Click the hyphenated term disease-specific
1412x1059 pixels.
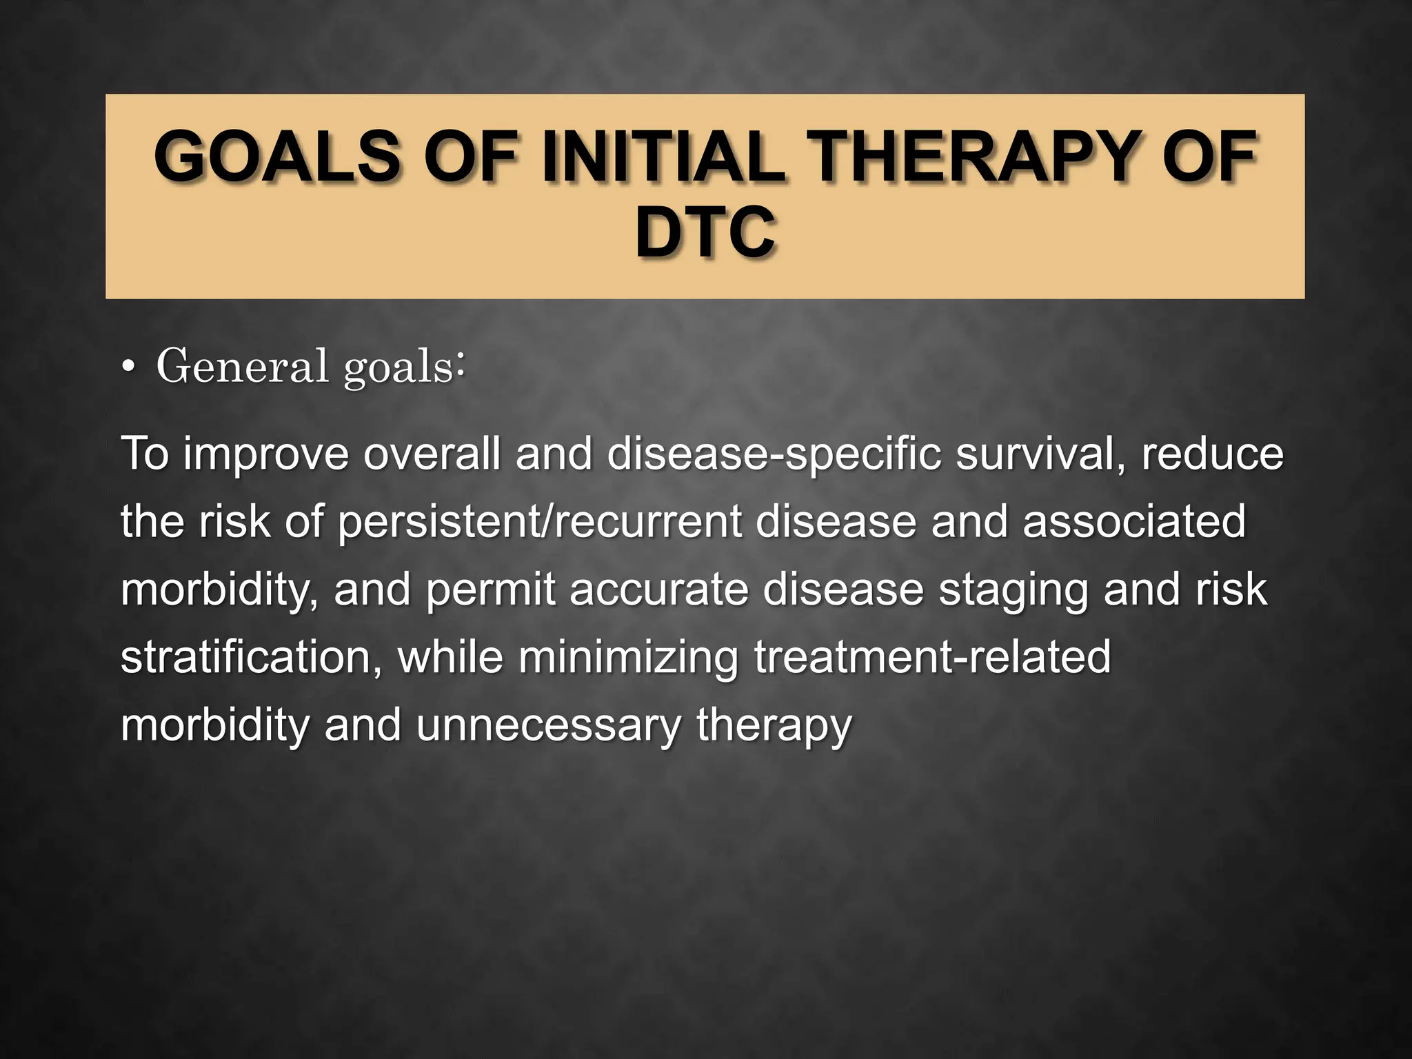(x=773, y=455)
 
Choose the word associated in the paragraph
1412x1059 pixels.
(x=1134, y=523)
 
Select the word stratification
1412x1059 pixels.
(x=252, y=658)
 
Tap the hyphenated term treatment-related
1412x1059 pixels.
(x=932, y=658)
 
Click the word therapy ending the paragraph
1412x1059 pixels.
(x=774, y=727)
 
